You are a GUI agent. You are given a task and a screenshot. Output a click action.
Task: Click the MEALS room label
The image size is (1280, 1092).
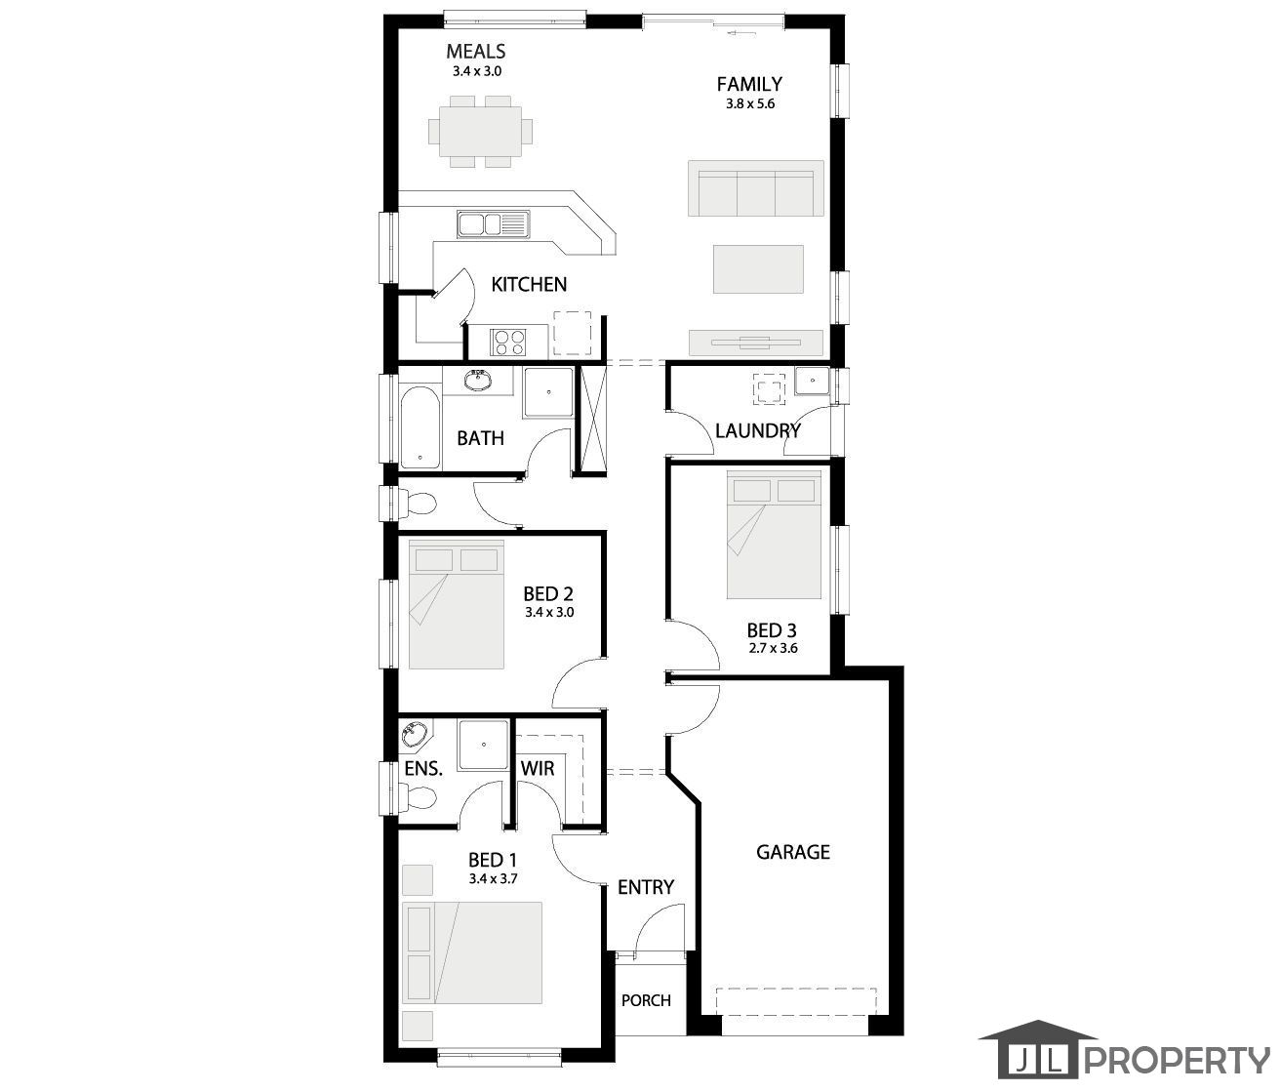coord(475,51)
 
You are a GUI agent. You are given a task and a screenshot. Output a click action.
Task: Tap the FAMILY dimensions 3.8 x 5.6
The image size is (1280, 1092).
coord(750,103)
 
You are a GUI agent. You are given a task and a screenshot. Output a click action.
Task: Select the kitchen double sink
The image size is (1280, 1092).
coord(494,224)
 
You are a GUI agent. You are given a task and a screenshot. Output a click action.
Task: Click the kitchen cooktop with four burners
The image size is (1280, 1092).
coord(507,343)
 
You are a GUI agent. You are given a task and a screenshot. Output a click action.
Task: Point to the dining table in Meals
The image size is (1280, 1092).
coord(481,132)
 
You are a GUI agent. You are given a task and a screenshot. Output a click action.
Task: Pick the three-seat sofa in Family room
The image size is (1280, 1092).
coord(755,188)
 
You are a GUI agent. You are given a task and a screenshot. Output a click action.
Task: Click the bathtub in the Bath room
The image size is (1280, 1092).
coord(420,427)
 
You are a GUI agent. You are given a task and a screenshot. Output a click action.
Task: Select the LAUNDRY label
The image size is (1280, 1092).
coord(758,430)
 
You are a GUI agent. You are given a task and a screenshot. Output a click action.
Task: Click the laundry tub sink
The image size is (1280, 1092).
coord(813,381)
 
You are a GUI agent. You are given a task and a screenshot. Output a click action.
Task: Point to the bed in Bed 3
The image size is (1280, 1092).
coord(774,535)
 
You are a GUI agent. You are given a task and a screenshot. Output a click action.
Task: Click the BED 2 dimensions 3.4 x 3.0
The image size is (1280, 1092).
coord(549,613)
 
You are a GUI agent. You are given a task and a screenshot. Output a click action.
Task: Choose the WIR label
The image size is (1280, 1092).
coord(538,769)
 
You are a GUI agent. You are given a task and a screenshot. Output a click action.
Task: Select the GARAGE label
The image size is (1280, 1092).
coord(792,852)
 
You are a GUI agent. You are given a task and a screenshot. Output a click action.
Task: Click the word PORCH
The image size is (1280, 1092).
coord(646,1000)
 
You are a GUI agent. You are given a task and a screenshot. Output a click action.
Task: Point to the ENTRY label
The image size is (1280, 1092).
coord(645,888)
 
